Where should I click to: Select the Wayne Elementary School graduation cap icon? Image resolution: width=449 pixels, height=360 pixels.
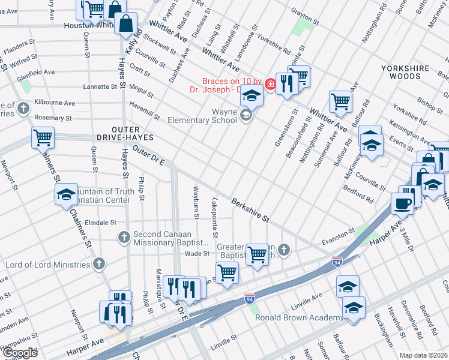(x=246, y=115)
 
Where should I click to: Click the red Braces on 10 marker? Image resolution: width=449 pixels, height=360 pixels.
(x=271, y=84)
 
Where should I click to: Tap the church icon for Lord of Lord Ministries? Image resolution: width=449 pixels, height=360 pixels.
(x=99, y=263)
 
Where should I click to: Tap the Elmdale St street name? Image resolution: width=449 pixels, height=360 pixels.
(x=100, y=222)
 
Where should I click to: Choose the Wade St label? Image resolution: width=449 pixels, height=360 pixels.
(x=192, y=254)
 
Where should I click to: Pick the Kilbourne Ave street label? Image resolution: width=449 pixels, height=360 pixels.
(x=55, y=103)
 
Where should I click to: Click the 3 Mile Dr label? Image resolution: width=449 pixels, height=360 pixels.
(x=403, y=230)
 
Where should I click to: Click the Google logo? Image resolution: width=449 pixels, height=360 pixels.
(x=19, y=353)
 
